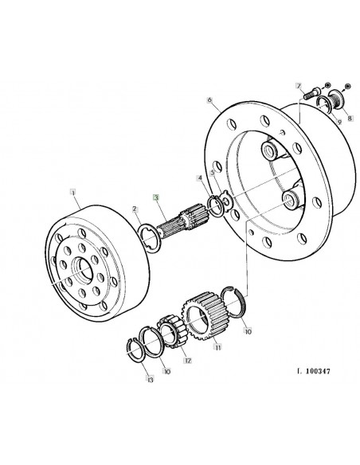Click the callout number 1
(x=73, y=192)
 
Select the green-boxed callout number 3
(x=157, y=197)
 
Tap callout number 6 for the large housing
(x=209, y=100)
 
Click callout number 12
(x=188, y=361)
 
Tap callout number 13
(x=151, y=381)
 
